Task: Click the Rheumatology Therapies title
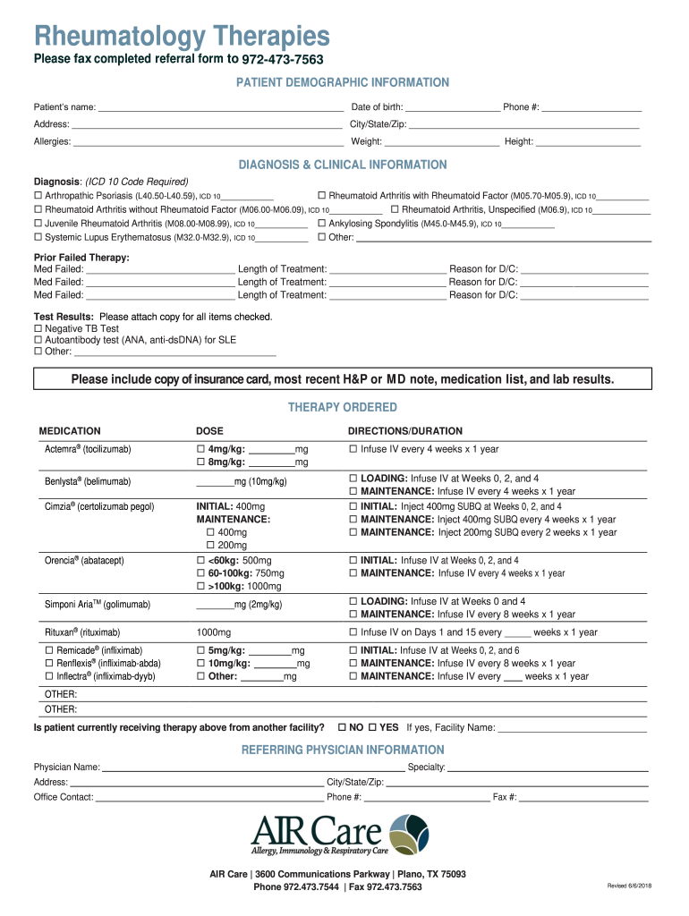tap(182, 36)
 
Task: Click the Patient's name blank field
tap(220, 107)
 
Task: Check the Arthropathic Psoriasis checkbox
tap(38, 196)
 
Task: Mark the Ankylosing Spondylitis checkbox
tap(322, 224)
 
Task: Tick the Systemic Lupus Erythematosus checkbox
tap(38, 238)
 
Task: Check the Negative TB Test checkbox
tap(38, 329)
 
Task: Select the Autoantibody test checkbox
tap(38, 340)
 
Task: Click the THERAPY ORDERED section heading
tap(342, 408)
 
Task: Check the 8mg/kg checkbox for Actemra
tap(201, 462)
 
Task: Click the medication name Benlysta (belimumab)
tap(88, 482)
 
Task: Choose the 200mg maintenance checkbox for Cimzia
tap(211, 545)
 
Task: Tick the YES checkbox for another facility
tap(373, 727)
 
